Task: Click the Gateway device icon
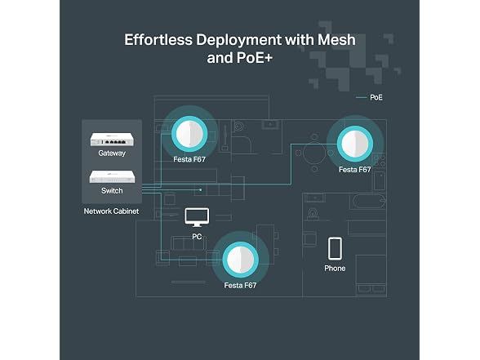click(112, 140)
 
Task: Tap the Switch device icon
click(112, 176)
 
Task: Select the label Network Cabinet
click(111, 211)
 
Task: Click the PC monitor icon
click(198, 217)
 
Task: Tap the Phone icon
click(335, 248)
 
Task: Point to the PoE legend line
click(361, 98)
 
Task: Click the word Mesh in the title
click(336, 40)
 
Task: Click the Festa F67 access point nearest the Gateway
click(189, 134)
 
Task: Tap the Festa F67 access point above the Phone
click(355, 144)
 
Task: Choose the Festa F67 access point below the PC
click(241, 260)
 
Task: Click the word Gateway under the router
click(112, 153)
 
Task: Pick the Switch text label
click(112, 191)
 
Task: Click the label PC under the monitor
click(197, 237)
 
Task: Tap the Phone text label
click(335, 268)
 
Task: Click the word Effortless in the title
click(158, 40)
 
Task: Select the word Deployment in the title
click(239, 41)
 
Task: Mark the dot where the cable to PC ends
click(201, 189)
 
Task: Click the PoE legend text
click(376, 97)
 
